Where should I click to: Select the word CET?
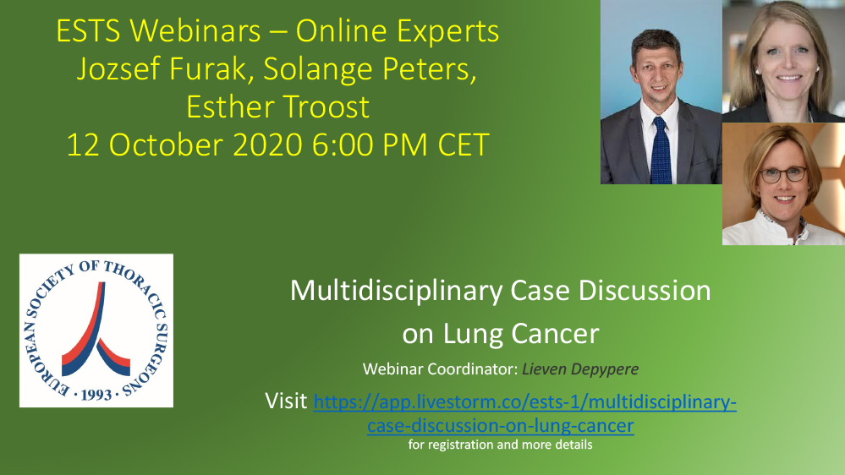[463, 145]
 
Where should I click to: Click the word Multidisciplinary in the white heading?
[396, 291]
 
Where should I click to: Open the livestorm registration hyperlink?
[524, 403]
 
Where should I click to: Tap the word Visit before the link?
[286, 401]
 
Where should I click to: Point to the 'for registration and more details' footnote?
[500, 445]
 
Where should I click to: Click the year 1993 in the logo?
[96, 395]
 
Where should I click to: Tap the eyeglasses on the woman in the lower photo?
[783, 174]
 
